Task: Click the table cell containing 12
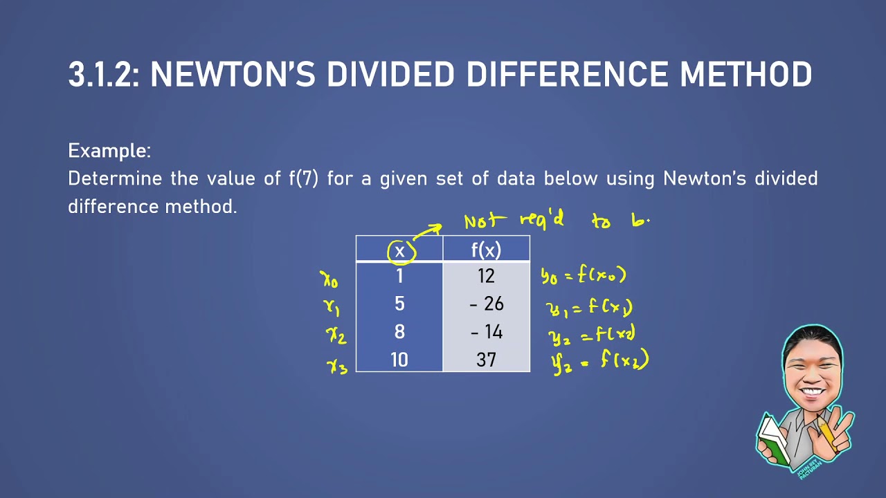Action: coord(486,277)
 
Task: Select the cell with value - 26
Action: coord(486,304)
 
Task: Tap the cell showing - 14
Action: coord(486,332)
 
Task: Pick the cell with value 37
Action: coord(486,360)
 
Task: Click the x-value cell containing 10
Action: coord(399,360)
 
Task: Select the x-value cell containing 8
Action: coord(399,332)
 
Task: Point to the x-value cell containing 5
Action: coord(399,304)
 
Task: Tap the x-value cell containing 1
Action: coord(399,277)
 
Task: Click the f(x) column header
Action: coord(486,250)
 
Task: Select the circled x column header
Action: coord(400,250)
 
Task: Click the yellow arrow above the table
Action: coord(428,230)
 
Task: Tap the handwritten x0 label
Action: coord(329,279)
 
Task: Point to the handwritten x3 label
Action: coord(337,365)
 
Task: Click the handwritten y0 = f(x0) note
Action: coord(584,276)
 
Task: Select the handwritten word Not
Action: coord(482,221)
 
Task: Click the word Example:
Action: coord(109,150)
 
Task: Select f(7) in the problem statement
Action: coord(303,178)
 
